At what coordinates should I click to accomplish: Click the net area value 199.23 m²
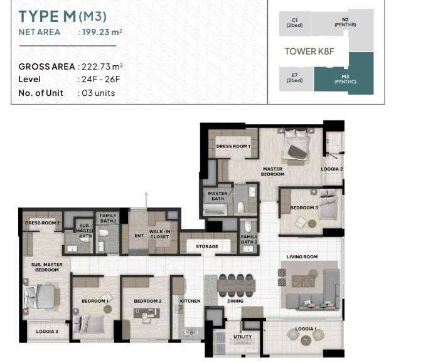pyautogui.click(x=102, y=32)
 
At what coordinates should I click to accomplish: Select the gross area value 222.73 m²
pyautogui.click(x=102, y=66)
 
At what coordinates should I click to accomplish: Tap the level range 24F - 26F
pyautogui.click(x=101, y=79)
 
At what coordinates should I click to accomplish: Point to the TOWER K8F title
pyautogui.click(x=309, y=51)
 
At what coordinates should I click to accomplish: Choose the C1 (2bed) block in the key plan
pyautogui.click(x=294, y=23)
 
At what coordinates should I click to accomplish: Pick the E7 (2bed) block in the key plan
pyautogui.click(x=295, y=78)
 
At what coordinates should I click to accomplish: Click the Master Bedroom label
pyautogui.click(x=272, y=171)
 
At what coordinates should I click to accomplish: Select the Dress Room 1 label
pyautogui.click(x=233, y=146)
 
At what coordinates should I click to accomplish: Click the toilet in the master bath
pyautogui.click(x=240, y=208)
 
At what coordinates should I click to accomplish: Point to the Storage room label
pyautogui.click(x=207, y=246)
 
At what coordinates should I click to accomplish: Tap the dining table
pyautogui.click(x=237, y=286)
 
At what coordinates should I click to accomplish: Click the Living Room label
pyautogui.click(x=302, y=256)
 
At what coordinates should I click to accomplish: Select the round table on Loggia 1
pyautogui.click(x=306, y=340)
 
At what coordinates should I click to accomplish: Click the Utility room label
pyautogui.click(x=242, y=337)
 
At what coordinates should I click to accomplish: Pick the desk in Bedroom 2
pyautogui.click(x=146, y=313)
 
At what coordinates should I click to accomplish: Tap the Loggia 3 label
pyautogui.click(x=47, y=332)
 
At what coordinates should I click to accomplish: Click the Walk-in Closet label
pyautogui.click(x=159, y=234)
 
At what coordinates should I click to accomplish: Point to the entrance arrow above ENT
pyautogui.click(x=146, y=199)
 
